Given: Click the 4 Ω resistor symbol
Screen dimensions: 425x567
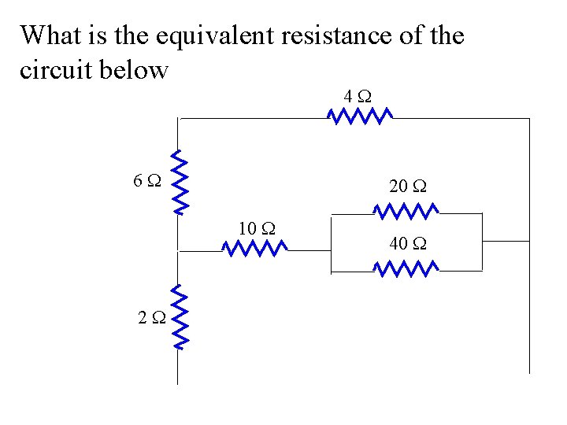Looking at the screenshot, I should pos(360,116).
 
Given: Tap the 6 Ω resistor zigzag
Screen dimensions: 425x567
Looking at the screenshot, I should pos(180,182).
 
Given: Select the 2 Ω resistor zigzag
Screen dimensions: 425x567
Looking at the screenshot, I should pos(180,317).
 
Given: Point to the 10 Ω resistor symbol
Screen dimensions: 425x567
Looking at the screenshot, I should pos(255,249).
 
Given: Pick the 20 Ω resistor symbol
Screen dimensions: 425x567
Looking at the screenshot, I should pos(406,211).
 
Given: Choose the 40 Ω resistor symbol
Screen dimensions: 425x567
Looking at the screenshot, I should pos(406,270).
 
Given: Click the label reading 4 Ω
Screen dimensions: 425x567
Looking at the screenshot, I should pos(358,97).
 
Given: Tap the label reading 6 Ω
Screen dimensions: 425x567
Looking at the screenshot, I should pos(147,181).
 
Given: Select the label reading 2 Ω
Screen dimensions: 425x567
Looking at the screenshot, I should pos(150,318).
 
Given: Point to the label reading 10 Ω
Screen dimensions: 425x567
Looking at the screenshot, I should pos(256,229).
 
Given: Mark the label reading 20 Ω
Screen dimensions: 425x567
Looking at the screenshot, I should pos(407,187).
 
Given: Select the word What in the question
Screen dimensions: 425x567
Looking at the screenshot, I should pos(49,36).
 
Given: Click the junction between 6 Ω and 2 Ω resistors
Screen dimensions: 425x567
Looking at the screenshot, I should pos(180,249).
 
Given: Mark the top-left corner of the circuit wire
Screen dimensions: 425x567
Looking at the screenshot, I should pos(180,118).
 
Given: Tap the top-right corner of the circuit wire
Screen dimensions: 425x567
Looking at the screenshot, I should pos(530,118).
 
